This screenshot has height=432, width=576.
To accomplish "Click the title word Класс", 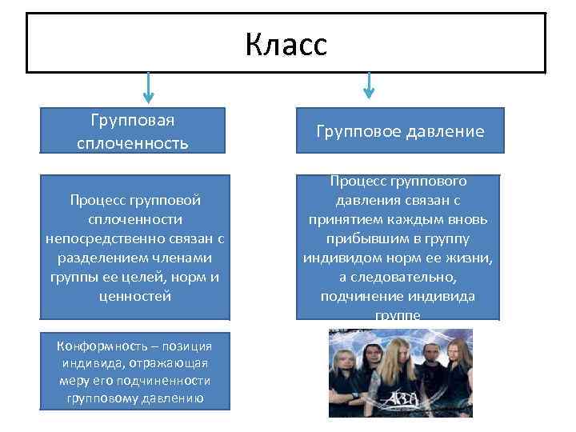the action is click(x=286, y=44).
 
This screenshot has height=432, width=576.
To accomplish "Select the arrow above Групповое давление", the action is click(x=368, y=86).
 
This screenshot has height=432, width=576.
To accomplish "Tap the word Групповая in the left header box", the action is click(x=133, y=120).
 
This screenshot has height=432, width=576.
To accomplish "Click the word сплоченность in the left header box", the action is click(x=133, y=143).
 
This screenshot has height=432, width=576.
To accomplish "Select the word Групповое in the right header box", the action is click(x=356, y=131).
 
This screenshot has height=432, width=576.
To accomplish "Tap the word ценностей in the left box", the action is click(x=133, y=296).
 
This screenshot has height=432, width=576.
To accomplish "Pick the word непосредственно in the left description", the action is click(x=102, y=238).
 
